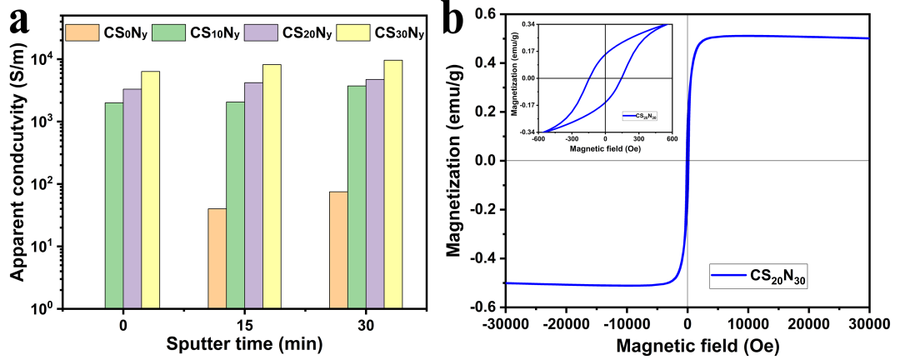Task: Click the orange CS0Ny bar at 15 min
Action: coord(217,257)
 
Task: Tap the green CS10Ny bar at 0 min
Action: coord(114,205)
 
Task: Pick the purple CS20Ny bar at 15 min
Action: coord(253,195)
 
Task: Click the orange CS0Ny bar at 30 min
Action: coord(338,249)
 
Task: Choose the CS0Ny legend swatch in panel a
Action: coord(81,34)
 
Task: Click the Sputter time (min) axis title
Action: coord(236,343)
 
